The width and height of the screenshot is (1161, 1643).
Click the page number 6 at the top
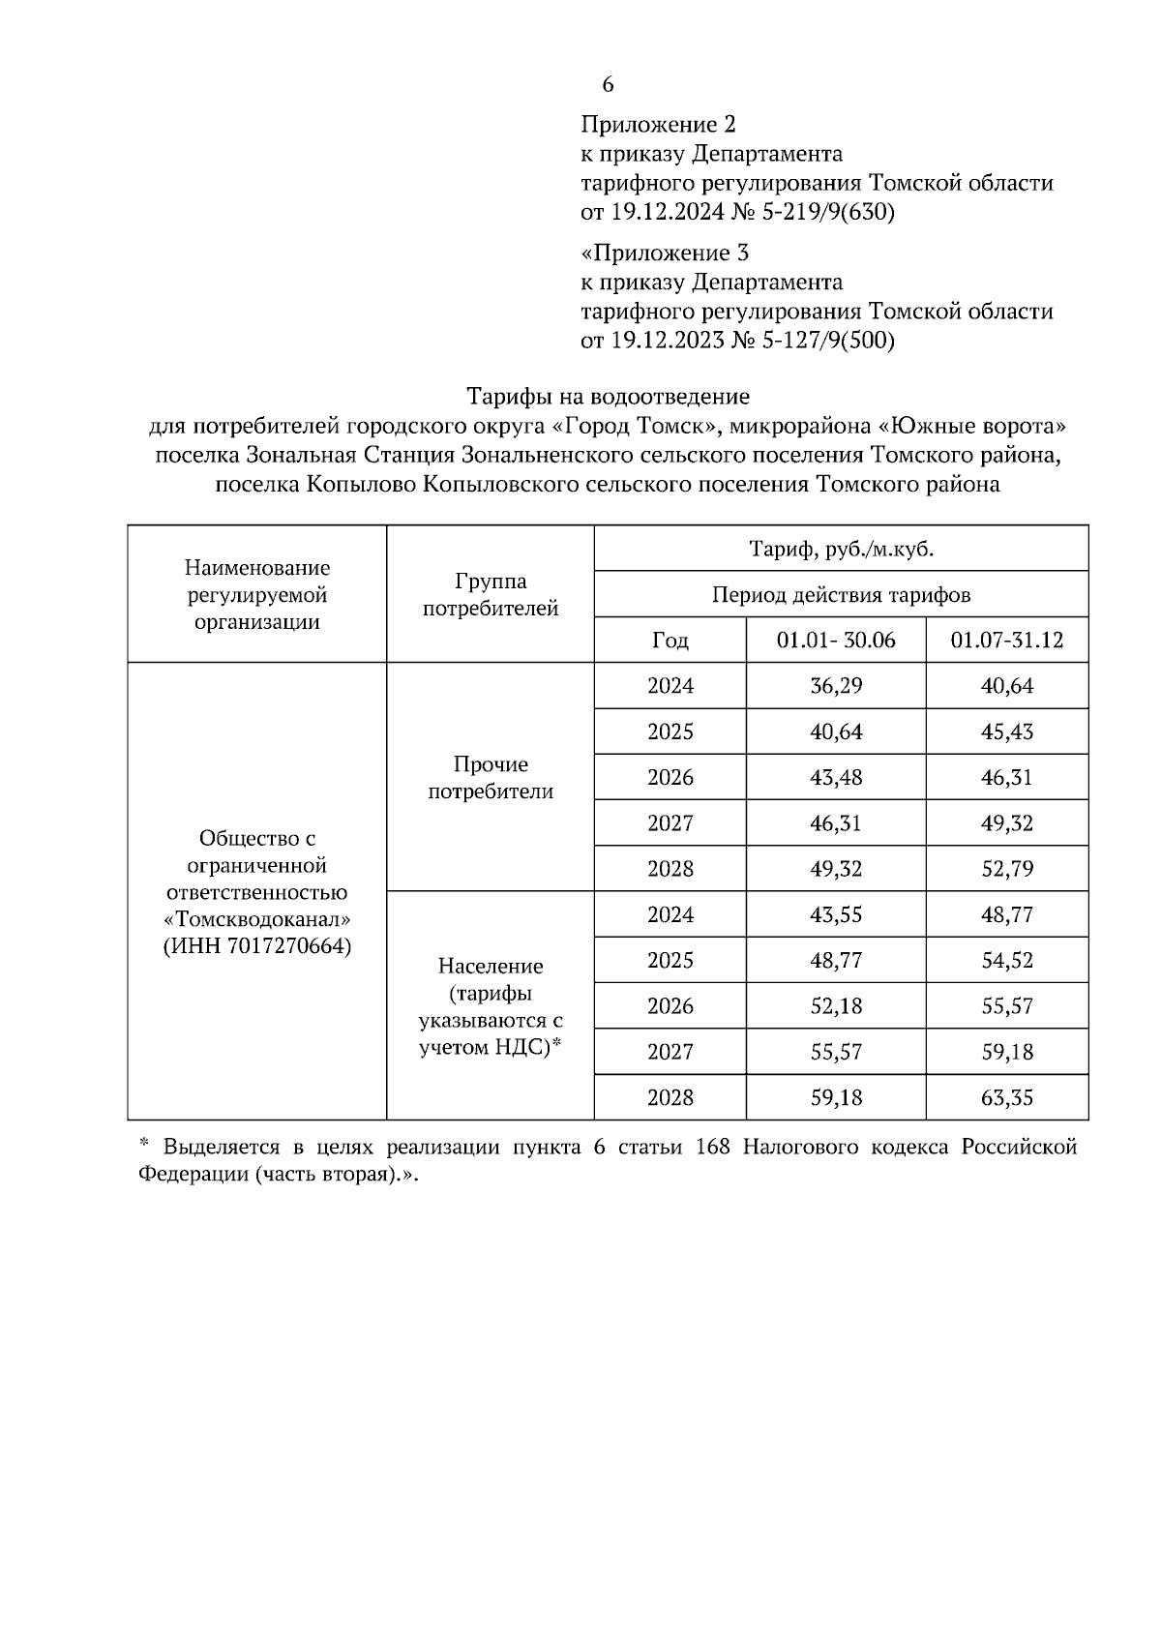tap(608, 85)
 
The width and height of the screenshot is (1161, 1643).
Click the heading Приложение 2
tap(658, 125)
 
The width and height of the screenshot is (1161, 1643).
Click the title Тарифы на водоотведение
tap(608, 397)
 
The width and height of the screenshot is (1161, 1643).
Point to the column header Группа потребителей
tap(491, 595)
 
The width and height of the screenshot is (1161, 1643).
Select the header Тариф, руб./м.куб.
tap(841, 549)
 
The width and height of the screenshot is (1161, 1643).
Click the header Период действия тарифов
tap(841, 594)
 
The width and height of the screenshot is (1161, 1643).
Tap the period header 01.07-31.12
tap(1006, 641)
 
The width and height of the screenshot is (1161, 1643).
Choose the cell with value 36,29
tap(835, 686)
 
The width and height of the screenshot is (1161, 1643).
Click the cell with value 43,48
tap(835, 778)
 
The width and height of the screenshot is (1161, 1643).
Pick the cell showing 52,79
tap(1006, 869)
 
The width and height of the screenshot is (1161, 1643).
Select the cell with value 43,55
tap(835, 915)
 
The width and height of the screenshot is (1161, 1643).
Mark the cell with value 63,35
tap(1006, 1098)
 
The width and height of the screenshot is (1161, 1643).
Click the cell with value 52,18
tap(835, 1006)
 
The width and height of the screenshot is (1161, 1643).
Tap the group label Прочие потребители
tap(491, 778)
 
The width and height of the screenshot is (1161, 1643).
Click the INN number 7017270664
tap(289, 946)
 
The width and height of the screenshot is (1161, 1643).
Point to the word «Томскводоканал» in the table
tap(257, 919)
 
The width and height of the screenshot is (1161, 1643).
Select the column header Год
tap(670, 641)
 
